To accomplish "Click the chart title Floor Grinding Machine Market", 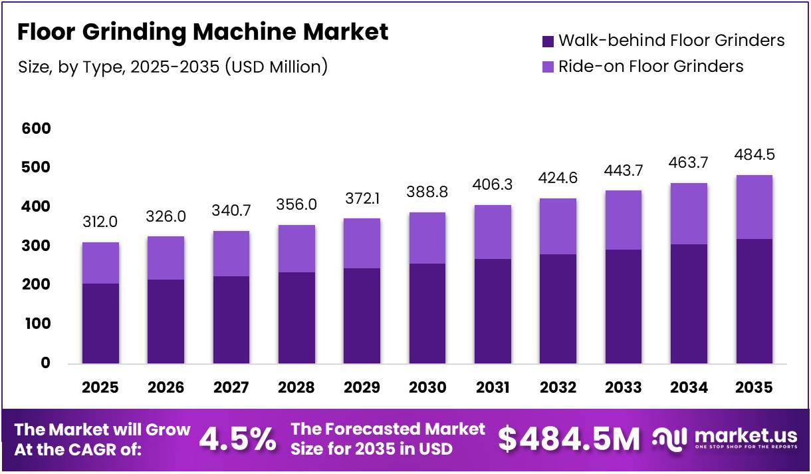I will pos(202,32).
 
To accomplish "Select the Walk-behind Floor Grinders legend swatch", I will pos(548,41).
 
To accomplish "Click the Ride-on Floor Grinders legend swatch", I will pos(548,67).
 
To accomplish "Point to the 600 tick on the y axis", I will pos(36,128).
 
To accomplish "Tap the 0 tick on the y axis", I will pos(45,363).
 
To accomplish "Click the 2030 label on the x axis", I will pos(427,387).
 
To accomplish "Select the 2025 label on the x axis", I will pos(100,387).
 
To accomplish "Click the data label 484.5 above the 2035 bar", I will pos(754,154).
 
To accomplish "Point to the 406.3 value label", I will pos(493,183).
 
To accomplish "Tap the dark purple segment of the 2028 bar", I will pos(296,318).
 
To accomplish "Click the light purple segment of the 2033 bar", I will pos(624,220).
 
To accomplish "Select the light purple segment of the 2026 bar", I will pos(166,258).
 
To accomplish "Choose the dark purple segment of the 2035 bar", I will pos(754,301).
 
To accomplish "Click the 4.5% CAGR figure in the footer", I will pos(237,440).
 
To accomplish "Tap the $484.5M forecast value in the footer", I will pos(569,440).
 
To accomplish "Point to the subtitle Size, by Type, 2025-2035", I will pos(172,67).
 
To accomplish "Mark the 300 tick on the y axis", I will pos(36,246).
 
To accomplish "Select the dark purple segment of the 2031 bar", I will pos(493,311).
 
